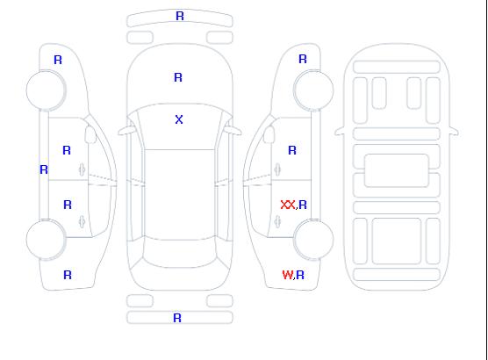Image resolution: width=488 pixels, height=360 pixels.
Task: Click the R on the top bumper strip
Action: [x=180, y=16]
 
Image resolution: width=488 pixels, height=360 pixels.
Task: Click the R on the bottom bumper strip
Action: [x=177, y=318]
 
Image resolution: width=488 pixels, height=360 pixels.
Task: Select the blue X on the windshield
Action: [x=179, y=119]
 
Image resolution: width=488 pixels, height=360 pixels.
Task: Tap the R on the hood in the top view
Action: [x=178, y=77]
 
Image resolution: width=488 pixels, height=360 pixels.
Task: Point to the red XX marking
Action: [x=288, y=205]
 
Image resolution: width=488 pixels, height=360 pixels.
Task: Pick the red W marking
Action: [x=288, y=275]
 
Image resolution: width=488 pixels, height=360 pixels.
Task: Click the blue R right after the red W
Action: [x=300, y=275]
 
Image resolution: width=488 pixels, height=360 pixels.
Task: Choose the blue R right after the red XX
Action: [x=303, y=205]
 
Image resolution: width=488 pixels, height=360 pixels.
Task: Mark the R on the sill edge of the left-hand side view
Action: [x=44, y=169]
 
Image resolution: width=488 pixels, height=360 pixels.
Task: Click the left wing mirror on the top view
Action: [x=125, y=132]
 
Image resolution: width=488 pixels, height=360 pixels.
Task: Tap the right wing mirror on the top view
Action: [x=234, y=131]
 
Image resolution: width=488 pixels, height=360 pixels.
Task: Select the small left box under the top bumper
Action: [x=140, y=38]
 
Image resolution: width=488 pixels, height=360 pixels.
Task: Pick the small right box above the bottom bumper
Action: [x=219, y=301]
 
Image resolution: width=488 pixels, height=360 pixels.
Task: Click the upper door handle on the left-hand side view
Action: [x=82, y=169]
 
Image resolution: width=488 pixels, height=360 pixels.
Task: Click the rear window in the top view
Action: [x=180, y=254]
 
